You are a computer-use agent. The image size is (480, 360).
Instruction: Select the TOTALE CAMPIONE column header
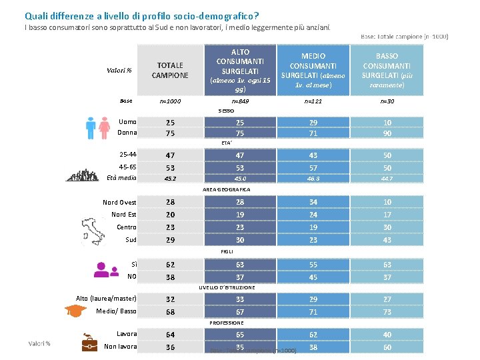click(x=170, y=70)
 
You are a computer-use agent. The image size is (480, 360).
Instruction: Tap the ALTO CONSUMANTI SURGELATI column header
click(x=240, y=70)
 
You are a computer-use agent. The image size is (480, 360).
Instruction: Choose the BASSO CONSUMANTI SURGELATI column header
click(x=387, y=70)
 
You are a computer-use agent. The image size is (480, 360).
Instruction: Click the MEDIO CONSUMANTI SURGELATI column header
click(x=313, y=70)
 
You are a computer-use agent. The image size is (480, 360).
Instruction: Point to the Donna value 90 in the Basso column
click(x=387, y=133)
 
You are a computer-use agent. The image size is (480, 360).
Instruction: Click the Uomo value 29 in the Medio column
click(x=313, y=123)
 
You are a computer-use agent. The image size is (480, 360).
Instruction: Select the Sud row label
click(x=131, y=239)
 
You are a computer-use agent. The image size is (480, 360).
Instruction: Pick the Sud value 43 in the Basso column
click(x=387, y=239)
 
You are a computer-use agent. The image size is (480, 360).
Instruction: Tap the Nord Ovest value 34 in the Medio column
click(x=313, y=202)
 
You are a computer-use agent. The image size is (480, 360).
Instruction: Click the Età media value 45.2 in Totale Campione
click(x=170, y=178)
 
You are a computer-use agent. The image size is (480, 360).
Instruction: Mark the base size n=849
click(x=240, y=101)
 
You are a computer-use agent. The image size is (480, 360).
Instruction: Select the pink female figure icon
click(x=104, y=127)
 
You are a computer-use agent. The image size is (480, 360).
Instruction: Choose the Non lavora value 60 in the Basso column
click(x=387, y=347)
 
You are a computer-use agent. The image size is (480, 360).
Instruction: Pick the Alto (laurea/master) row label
click(x=106, y=298)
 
